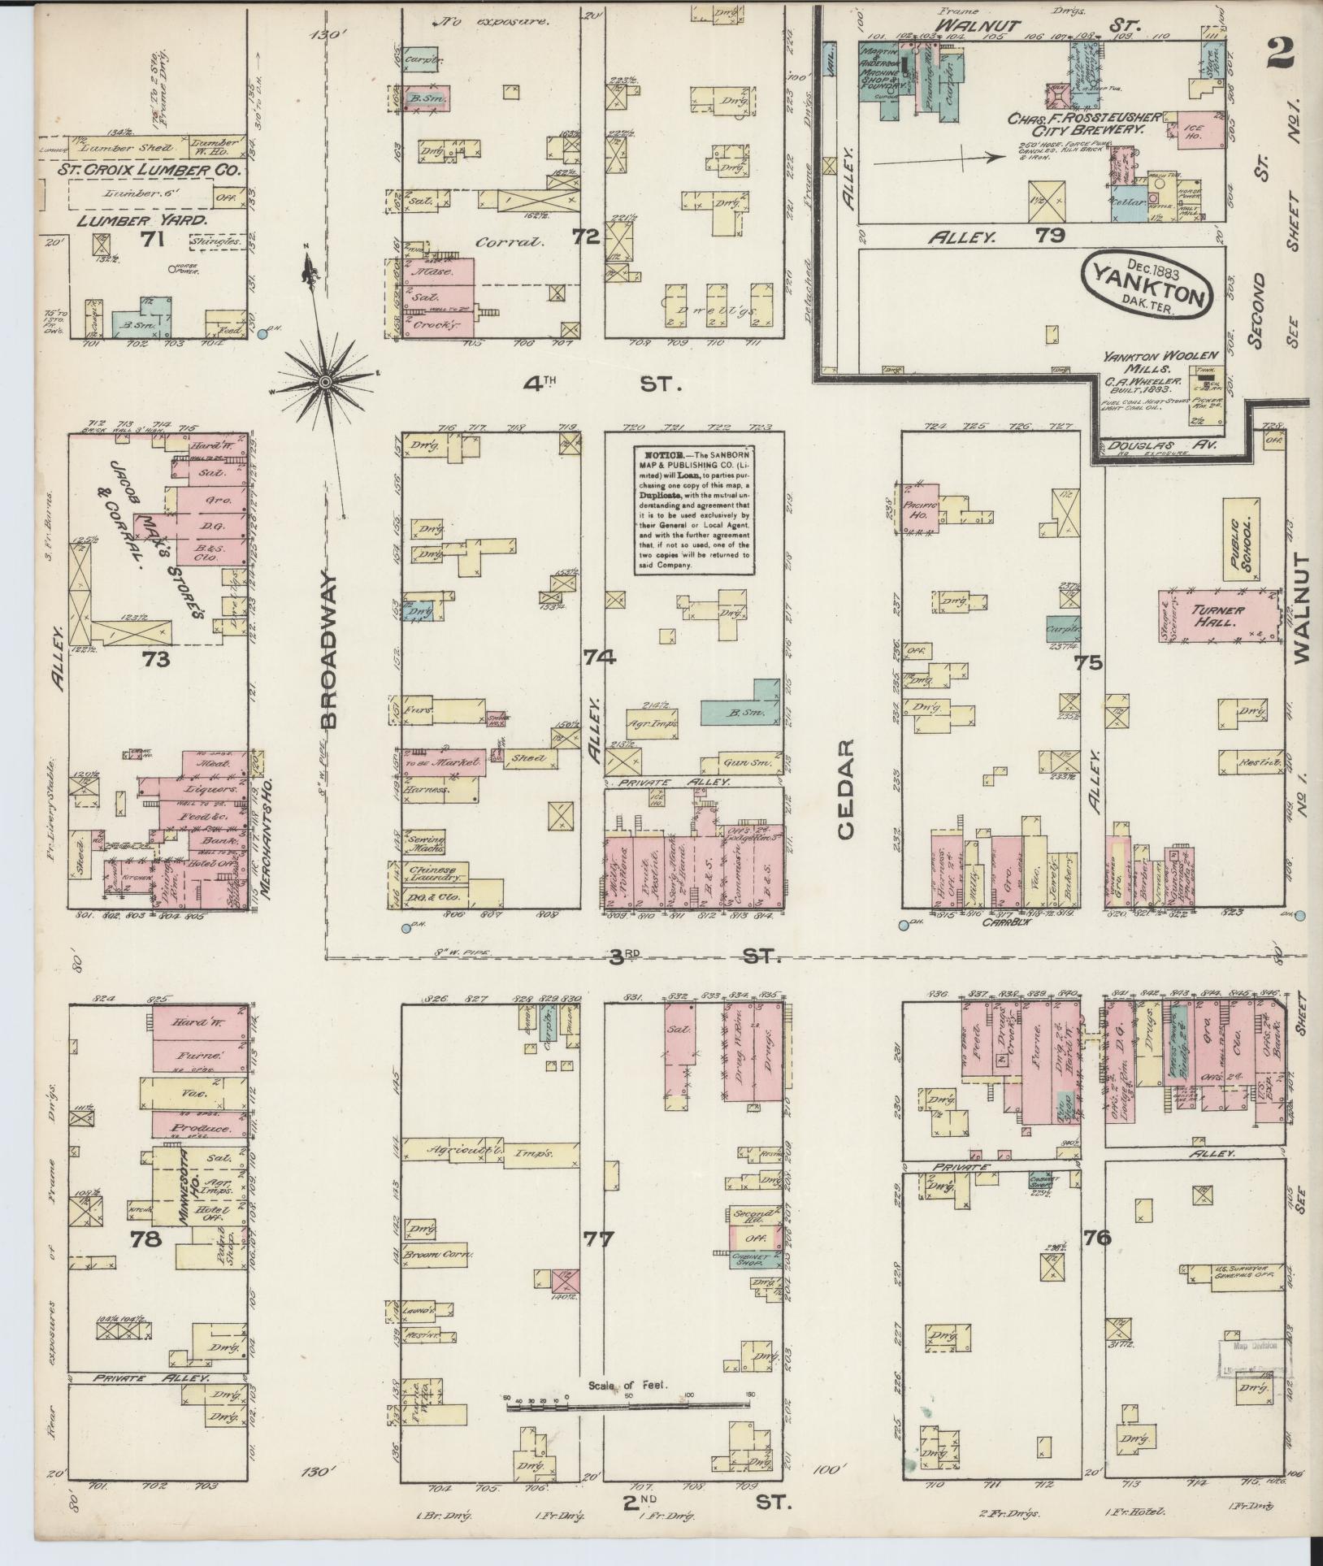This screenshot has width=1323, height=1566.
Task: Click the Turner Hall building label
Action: [x=1215, y=616]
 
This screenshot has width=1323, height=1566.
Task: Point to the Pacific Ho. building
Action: [x=917, y=509]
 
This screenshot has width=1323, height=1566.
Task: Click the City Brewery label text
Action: [x=1097, y=128]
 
